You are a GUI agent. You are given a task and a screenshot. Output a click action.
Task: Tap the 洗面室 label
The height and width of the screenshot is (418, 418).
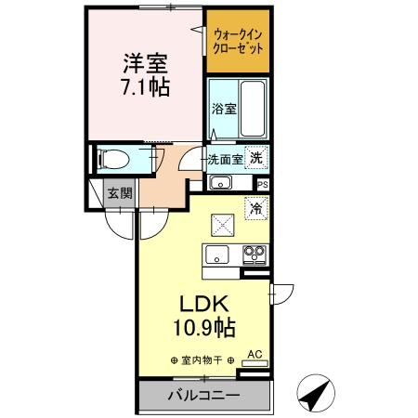tap(225, 159)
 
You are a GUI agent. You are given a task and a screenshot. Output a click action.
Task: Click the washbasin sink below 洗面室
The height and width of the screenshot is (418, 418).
tap(220, 181)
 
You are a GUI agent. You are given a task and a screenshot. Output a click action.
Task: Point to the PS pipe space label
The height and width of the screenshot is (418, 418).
tap(264, 184)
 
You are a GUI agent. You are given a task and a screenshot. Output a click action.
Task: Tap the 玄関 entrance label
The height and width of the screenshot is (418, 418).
tap(118, 193)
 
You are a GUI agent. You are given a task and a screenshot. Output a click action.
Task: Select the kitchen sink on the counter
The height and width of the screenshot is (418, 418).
tap(218, 255)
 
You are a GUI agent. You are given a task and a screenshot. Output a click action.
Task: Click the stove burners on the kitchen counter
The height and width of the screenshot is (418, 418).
tap(255, 254)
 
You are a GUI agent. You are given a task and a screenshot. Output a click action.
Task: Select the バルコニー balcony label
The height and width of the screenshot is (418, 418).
tap(203, 396)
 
